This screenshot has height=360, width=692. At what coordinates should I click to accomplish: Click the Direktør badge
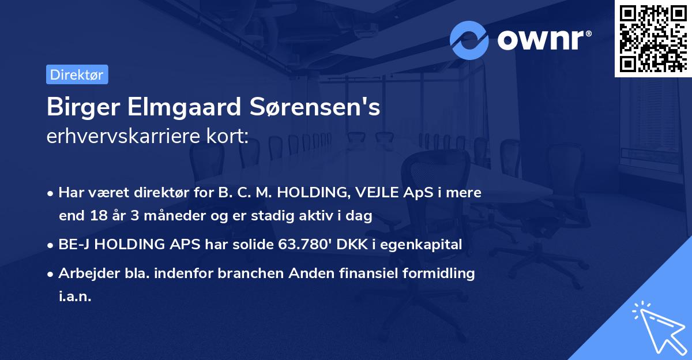[x=77, y=74]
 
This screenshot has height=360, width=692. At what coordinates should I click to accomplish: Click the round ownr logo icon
[x=469, y=40]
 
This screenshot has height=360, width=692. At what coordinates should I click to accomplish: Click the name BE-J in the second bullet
[x=74, y=245]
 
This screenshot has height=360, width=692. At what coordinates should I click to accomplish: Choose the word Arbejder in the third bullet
[x=83, y=273]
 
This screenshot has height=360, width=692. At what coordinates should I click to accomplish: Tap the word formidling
[x=438, y=273]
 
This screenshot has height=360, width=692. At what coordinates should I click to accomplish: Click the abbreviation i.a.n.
[x=75, y=297]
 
